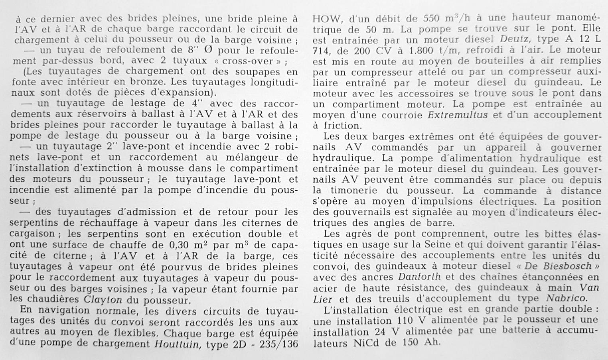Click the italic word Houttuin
[176, 344]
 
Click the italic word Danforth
[419, 276]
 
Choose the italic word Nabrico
[566, 298]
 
